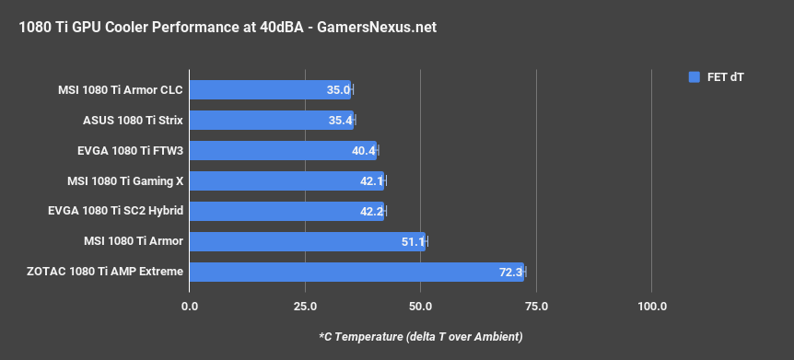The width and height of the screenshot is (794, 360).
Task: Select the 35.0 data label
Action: pyautogui.click(x=338, y=90)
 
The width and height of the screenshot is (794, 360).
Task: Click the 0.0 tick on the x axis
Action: pyautogui.click(x=190, y=306)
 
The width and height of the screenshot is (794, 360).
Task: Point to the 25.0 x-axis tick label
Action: pyautogui.click(x=305, y=306)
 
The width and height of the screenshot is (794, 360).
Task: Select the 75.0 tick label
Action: pyautogui.click(x=536, y=306)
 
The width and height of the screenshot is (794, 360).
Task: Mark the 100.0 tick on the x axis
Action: pyautogui.click(x=651, y=306)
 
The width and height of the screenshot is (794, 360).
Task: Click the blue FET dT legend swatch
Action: pyautogui.click(x=695, y=77)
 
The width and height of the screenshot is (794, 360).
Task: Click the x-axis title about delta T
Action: pyautogui.click(x=420, y=336)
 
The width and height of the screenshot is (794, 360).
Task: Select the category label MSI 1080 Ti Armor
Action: pyautogui.click(x=133, y=242)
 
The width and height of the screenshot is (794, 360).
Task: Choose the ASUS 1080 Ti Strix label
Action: pyautogui.click(x=133, y=121)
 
